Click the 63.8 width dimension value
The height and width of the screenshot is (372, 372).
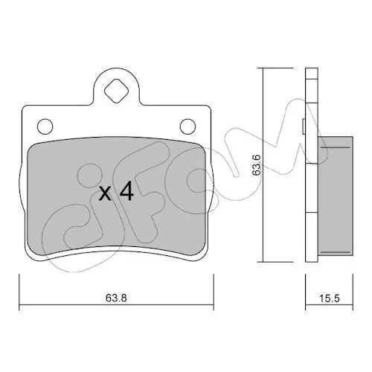point(116,298)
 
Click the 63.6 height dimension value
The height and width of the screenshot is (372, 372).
point(256,165)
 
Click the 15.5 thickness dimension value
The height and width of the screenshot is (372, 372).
point(329,298)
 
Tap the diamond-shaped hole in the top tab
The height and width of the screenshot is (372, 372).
point(116,91)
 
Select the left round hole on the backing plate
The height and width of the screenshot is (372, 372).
point(45,126)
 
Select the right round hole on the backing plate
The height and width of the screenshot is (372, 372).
point(187,126)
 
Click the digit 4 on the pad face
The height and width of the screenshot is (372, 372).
point(126,190)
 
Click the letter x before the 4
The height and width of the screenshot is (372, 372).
point(105,193)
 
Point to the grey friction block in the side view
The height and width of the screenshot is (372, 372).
point(336,196)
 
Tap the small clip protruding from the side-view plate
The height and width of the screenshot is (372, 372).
point(304,126)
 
